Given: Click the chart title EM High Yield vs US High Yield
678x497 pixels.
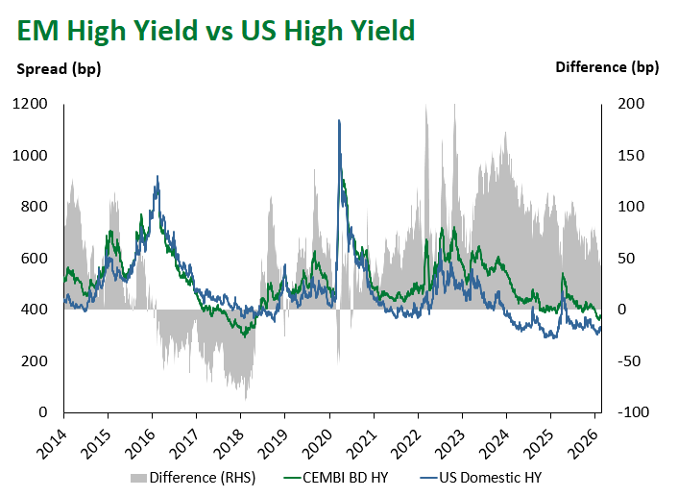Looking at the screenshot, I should click(x=215, y=31).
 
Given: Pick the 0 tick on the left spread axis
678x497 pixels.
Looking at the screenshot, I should click(x=44, y=412).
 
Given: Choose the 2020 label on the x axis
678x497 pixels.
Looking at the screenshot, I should click(x=317, y=439).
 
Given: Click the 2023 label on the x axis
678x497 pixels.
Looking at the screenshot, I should click(x=449, y=439).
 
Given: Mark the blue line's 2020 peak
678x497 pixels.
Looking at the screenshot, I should click(x=339, y=120).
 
